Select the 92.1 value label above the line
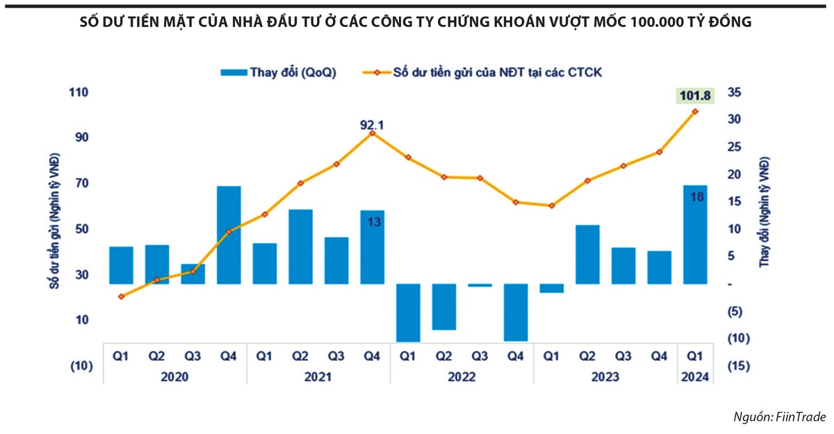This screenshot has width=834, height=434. point(372,125)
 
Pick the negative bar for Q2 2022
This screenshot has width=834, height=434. point(444,306)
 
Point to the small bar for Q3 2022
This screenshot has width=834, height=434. point(480,285)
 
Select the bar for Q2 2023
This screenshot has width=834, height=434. point(588,254)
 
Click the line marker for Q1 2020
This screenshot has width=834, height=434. point(121,297)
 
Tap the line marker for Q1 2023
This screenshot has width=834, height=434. point(552,206)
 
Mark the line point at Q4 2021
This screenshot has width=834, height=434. point(372,133)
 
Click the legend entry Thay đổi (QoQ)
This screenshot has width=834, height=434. point(278,72)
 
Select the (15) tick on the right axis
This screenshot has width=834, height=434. point(739,366)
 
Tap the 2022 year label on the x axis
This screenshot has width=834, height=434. point(461,377)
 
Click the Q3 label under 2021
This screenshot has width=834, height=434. point(336,356)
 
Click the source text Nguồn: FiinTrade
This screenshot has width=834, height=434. point(780,417)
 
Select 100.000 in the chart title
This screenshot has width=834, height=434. point(661,22)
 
